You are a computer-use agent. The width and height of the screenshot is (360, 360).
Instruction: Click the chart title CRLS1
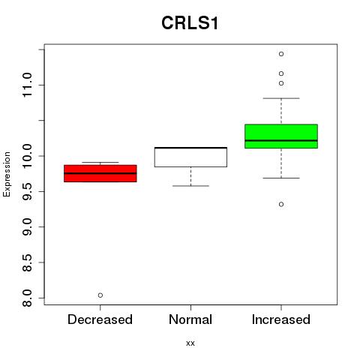(x=190, y=23)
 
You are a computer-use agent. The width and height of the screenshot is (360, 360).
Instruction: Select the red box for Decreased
(x=100, y=173)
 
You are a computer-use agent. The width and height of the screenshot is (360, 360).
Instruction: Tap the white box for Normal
(x=190, y=157)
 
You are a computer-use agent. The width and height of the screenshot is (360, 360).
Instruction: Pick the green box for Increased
(x=281, y=136)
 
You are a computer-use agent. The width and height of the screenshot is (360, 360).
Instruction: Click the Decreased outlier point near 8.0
(x=100, y=295)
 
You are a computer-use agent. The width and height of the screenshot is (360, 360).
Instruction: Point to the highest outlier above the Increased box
(x=281, y=54)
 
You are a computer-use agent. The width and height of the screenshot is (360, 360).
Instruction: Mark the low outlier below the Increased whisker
(x=281, y=204)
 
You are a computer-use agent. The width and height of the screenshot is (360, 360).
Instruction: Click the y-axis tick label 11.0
(x=27, y=85)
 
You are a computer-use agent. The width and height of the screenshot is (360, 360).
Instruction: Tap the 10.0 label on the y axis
(x=27, y=156)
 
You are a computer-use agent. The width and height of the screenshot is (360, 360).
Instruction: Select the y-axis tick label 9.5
(x=27, y=191)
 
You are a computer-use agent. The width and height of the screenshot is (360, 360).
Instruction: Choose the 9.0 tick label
(x=27, y=226)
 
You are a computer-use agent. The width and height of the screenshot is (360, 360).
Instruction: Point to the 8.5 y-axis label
(x=27, y=262)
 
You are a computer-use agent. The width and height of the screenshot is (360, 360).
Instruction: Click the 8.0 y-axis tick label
(x=27, y=298)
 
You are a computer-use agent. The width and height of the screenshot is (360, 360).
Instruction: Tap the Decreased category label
(x=100, y=319)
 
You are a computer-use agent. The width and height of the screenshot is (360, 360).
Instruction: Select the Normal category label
(x=190, y=319)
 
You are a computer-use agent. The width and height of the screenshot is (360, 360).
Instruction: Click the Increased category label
(x=281, y=319)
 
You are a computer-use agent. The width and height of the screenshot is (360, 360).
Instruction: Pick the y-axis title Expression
(x=7, y=174)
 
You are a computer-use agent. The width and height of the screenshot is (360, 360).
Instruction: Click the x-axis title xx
(x=190, y=343)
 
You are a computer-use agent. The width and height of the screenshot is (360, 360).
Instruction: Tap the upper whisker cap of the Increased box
(x=281, y=98)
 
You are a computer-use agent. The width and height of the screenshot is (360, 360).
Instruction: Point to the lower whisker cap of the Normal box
(x=190, y=186)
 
